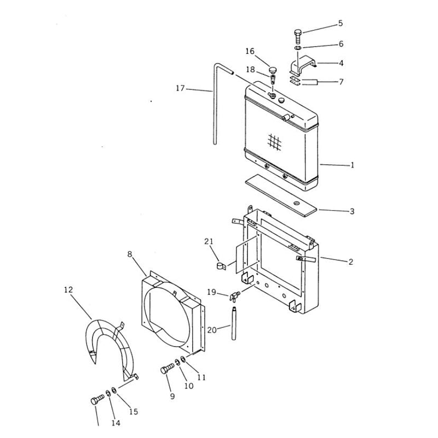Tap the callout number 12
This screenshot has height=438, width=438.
68,289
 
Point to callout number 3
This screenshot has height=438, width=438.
352,211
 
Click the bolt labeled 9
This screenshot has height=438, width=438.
166,371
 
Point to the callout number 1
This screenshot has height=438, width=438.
352,164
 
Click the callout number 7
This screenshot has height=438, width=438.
341,82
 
